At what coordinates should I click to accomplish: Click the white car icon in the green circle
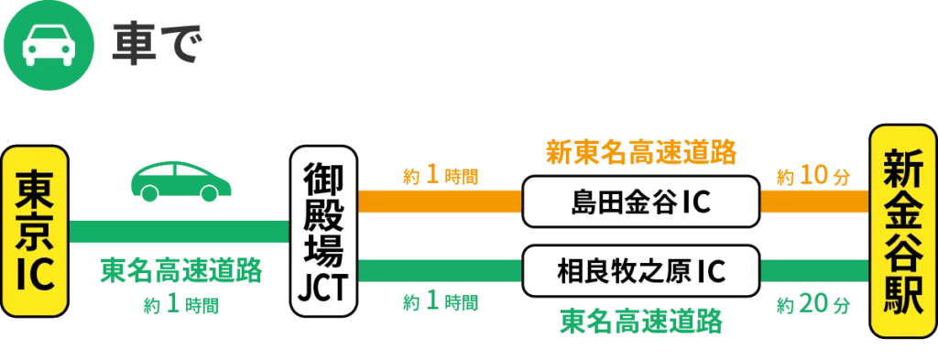(41, 41)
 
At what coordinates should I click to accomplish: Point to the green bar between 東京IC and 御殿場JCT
(179, 233)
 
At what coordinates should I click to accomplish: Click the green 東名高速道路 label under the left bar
(180, 272)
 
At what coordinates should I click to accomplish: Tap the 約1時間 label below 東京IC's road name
(180, 305)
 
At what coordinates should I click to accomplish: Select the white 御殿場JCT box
(320, 233)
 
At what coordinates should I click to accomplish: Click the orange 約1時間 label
(441, 175)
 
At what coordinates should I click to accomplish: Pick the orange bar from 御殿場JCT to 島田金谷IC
(440, 202)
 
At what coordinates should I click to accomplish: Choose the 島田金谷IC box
(641, 202)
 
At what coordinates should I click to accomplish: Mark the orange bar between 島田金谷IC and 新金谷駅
(813, 202)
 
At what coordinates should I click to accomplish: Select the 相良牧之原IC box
(641, 270)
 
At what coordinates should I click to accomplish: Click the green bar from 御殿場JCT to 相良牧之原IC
(440, 270)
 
